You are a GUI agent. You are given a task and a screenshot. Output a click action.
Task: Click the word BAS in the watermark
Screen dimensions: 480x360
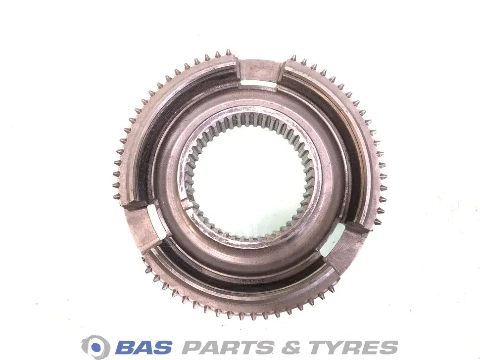[x=144, y=348]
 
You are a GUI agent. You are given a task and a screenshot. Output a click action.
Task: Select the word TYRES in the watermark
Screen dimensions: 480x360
[x=353, y=348]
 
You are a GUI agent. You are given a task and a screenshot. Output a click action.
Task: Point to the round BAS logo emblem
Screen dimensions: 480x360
[x=96, y=347]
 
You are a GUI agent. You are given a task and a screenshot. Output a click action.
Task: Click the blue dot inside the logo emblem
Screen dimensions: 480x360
[x=96, y=347]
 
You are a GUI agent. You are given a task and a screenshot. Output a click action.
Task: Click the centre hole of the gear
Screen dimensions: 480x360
[x=250, y=177]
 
